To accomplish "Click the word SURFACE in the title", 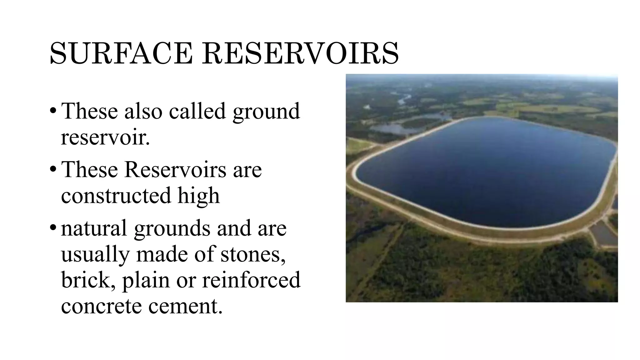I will (121, 53).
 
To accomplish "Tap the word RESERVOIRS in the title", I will (300, 53).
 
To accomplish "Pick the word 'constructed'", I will (116, 195).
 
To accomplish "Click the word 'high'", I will (199, 195).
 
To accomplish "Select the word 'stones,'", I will (253, 254).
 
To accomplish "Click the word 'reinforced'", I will (251, 280).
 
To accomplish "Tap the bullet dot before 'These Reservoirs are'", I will (53, 169).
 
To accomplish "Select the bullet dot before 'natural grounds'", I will (53, 228).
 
